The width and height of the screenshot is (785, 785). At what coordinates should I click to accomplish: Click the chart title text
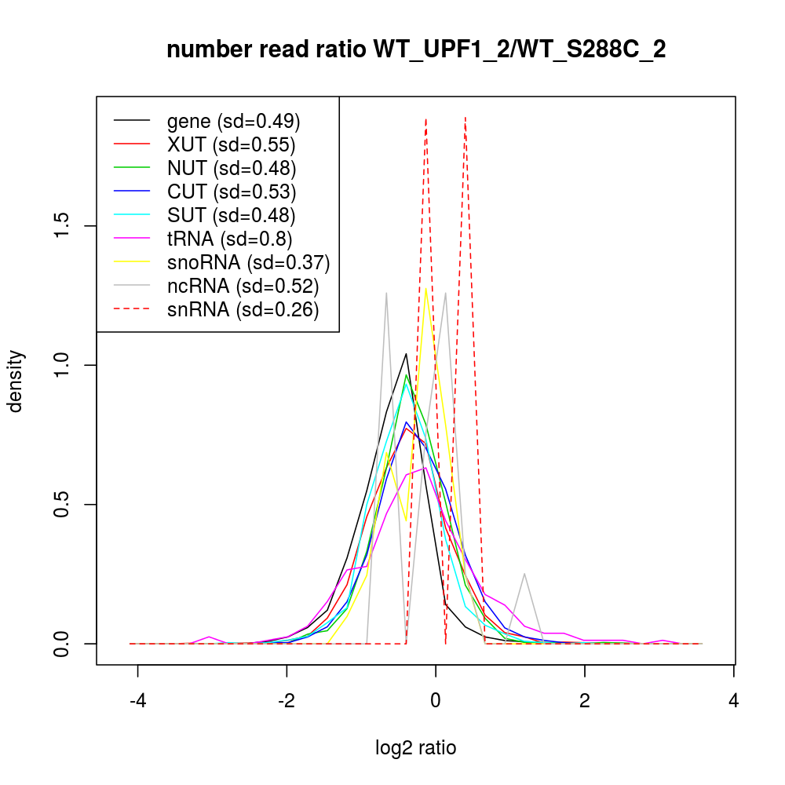(x=416, y=50)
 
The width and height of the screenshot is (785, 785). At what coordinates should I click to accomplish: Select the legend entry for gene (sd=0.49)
(x=234, y=121)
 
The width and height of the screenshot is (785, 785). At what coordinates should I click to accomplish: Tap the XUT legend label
(x=231, y=144)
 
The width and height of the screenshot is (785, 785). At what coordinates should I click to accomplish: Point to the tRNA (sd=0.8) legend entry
(x=231, y=239)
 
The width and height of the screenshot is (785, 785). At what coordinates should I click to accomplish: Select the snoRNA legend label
(x=248, y=262)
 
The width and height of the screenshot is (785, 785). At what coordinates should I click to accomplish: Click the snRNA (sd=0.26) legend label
(x=243, y=309)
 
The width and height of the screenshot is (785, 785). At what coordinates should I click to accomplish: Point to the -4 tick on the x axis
(x=138, y=701)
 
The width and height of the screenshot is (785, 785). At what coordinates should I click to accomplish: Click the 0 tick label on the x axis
(x=436, y=701)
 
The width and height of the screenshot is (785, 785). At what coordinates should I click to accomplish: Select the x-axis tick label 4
(x=733, y=701)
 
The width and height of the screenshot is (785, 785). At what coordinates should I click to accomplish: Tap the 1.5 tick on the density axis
(x=66, y=226)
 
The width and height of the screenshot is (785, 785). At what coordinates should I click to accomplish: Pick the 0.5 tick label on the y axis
(x=66, y=504)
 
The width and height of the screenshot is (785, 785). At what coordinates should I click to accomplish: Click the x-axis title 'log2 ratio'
(x=416, y=748)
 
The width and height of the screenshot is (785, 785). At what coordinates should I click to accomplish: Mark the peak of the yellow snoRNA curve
(x=425, y=288)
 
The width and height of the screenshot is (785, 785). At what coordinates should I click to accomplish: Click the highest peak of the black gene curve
(x=406, y=354)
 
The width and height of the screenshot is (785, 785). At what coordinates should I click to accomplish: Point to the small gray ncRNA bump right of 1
(x=524, y=574)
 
